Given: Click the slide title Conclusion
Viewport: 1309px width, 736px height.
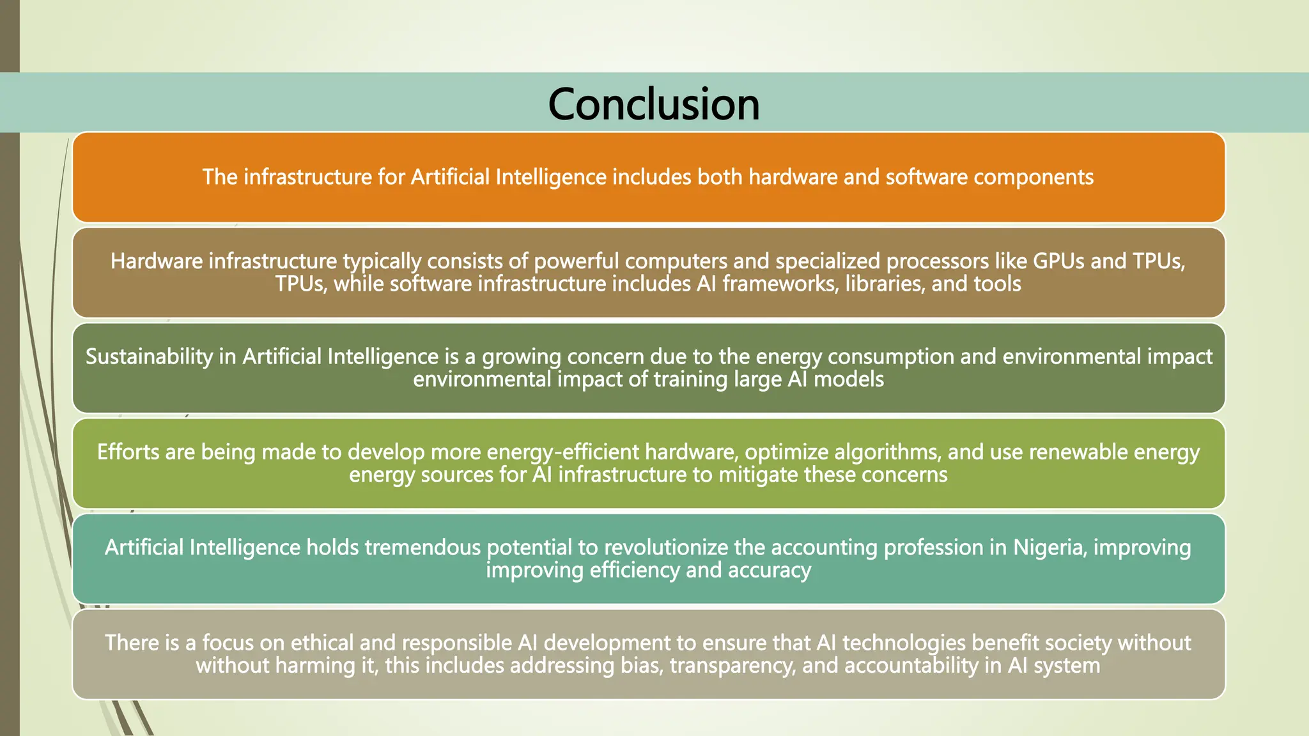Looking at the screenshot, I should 654,104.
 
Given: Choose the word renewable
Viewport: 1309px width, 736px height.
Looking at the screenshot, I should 1078,452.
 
